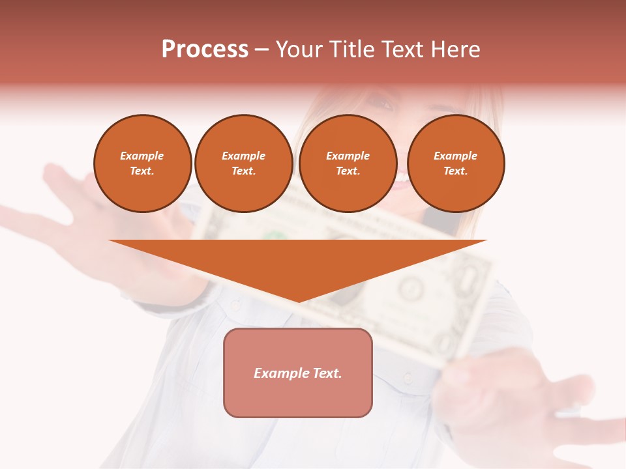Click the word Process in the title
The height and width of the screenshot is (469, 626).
click(205, 50)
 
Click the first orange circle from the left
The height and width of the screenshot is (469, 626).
click(143, 163)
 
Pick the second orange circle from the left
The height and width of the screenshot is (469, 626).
click(244, 163)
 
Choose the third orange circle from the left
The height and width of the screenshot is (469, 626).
click(348, 163)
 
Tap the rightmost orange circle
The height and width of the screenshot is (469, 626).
click(456, 163)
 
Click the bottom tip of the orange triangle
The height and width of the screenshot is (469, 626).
click(299, 300)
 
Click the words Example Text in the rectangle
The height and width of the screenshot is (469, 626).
click(298, 373)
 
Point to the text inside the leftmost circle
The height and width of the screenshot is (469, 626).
click(142, 163)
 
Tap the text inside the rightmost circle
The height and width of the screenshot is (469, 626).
click(456, 163)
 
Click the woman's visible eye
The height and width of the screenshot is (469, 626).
click(380, 102)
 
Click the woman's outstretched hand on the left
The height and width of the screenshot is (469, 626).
click(72, 195)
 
